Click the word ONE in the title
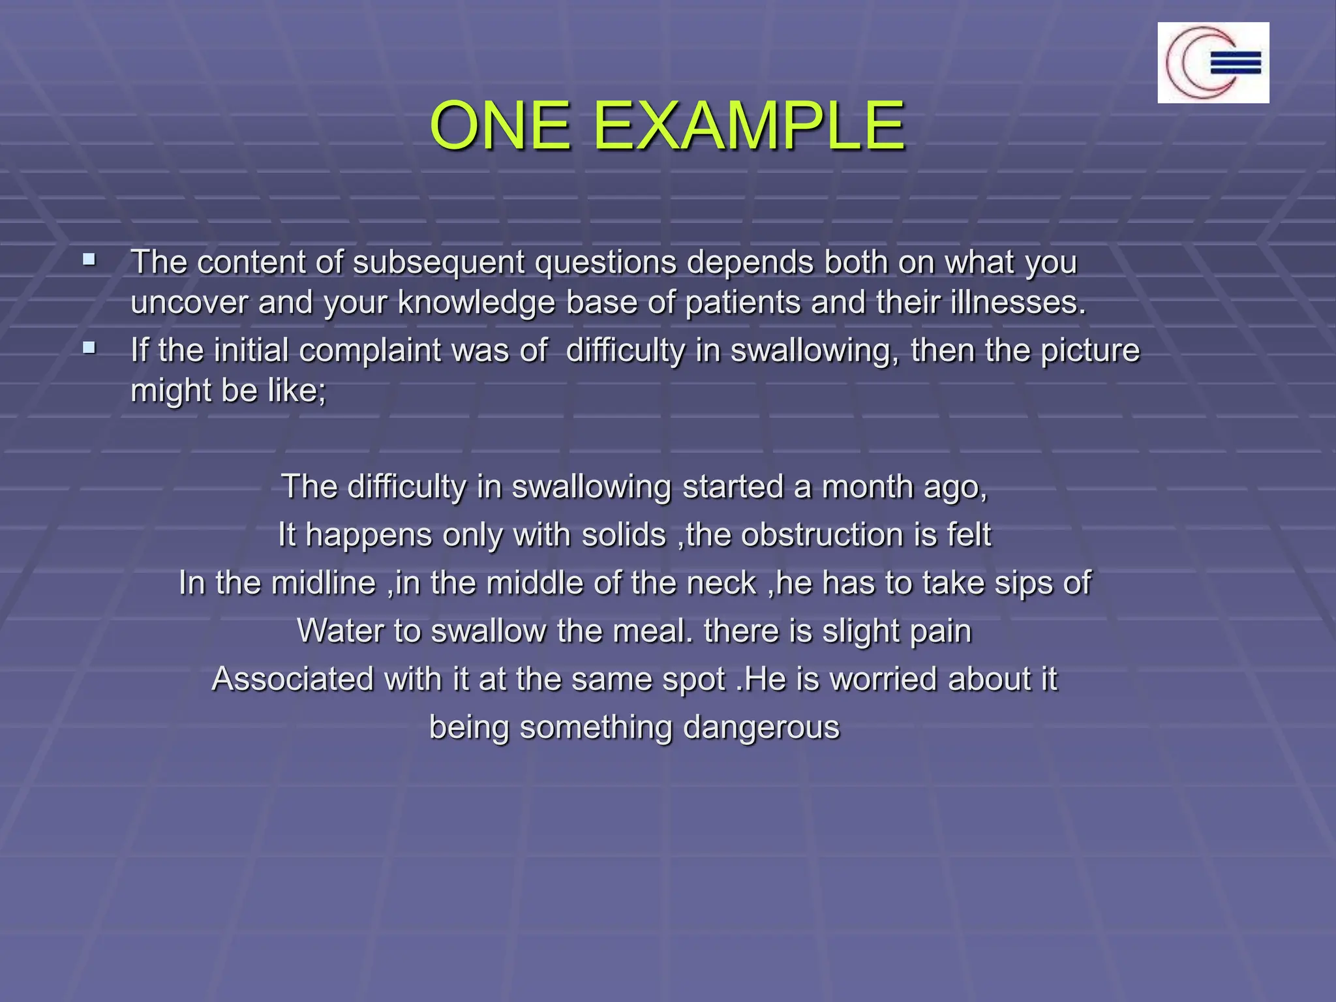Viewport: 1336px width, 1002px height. point(500,125)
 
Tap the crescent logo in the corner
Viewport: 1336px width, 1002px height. point(1213,63)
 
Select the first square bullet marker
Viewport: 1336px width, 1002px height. point(89,260)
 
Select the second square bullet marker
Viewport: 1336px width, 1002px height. point(89,348)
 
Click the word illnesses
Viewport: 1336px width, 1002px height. point(1018,303)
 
